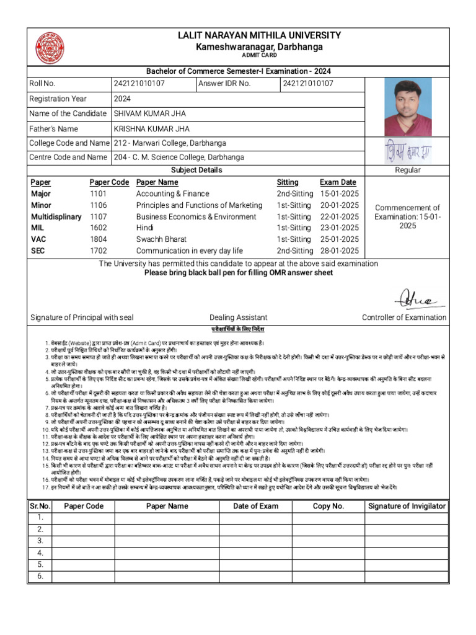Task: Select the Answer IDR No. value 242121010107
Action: pyautogui.click(x=308, y=84)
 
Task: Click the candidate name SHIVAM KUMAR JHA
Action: pyautogui.click(x=149, y=113)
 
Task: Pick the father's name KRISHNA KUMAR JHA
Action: pyautogui.click(x=151, y=128)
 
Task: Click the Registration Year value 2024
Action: pyautogui.click(x=122, y=99)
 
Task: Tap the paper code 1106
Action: pyautogui.click(x=98, y=205)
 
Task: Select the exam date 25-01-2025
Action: pyautogui.click(x=339, y=239)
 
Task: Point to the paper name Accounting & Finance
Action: pyautogui.click(x=172, y=194)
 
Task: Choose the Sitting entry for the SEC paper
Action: pyautogui.click(x=294, y=251)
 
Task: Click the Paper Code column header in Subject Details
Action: pyautogui.click(x=109, y=182)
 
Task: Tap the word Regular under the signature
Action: pyautogui.click(x=407, y=170)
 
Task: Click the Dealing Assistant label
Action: pyautogui.click(x=239, y=317)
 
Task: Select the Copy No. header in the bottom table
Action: pyautogui.click(x=328, y=506)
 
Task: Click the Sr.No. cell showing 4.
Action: pyautogui.click(x=40, y=553)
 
